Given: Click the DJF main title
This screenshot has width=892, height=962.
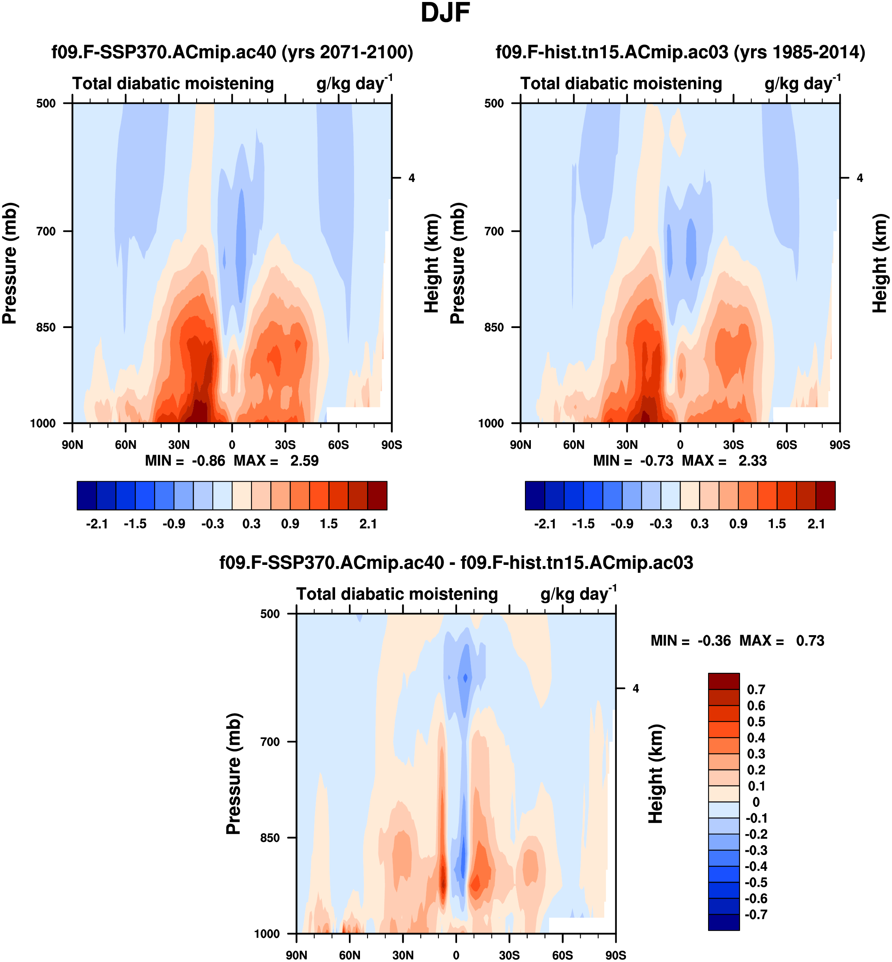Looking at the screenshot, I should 445,13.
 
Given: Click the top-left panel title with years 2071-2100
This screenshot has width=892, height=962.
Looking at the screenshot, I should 232,52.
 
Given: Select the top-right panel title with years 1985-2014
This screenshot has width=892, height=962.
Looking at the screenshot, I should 680,52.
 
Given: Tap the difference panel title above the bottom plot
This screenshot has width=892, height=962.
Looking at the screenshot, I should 456,563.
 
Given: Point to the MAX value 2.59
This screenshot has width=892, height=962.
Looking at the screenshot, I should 304,461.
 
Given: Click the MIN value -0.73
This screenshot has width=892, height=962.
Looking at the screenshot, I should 656,461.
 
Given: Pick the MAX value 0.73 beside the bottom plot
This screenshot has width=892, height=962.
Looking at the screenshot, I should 810,641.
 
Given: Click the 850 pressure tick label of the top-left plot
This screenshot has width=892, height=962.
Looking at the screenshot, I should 46,327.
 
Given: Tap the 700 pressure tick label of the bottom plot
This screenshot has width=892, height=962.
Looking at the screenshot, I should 270,741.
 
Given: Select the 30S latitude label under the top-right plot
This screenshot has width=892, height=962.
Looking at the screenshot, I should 733,444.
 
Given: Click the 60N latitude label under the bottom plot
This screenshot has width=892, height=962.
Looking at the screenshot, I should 349,955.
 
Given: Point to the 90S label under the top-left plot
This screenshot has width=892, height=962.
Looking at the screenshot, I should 391,444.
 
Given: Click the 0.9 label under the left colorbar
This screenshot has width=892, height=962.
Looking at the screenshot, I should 290,524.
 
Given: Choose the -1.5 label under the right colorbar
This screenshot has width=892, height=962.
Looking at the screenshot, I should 584,524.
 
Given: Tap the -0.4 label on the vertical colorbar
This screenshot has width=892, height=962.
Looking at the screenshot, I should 756,866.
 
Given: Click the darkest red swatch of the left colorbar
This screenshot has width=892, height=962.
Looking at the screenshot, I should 377,495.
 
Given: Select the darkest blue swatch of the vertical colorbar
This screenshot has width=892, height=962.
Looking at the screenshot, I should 723,923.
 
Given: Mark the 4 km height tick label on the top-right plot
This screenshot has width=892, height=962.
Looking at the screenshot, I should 860,178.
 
